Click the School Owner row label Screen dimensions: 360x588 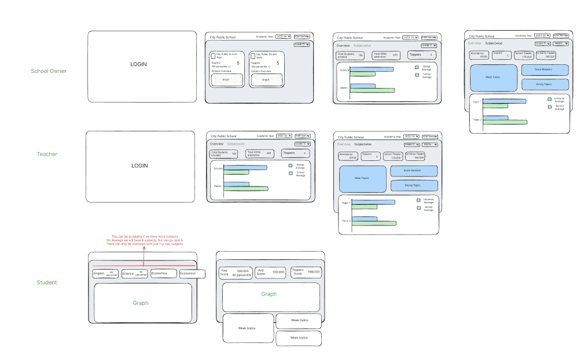pyautogui.click(x=49, y=71)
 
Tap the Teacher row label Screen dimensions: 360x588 pyautogui.click(x=47, y=154)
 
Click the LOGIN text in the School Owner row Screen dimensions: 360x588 pyautogui.click(x=140, y=64)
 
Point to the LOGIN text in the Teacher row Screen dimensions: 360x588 pyautogui.click(x=140, y=166)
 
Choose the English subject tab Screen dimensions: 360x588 pyautogui.click(x=105, y=273)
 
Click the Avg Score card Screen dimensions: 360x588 pyautogui.click(x=269, y=272)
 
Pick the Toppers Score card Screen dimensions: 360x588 pyautogui.click(x=305, y=271)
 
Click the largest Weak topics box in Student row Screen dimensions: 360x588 pyautogui.click(x=248, y=328)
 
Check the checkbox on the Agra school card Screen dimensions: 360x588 pyautogui.click(x=213, y=56)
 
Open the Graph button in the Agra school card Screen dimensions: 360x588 pyautogui.click(x=226, y=80)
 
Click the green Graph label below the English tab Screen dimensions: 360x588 pyautogui.click(x=140, y=303)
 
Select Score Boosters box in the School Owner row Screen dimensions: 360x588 pyautogui.click(x=544, y=70)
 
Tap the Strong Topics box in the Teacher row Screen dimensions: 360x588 pyautogui.click(x=413, y=185)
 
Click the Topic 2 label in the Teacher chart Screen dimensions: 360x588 pyautogui.click(x=346, y=221)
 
